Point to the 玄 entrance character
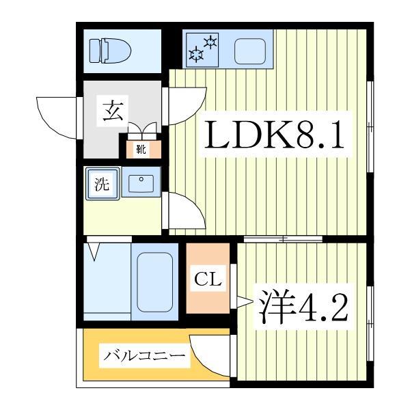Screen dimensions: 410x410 pyautogui.click(x=113, y=110)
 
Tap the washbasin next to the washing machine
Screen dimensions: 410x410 pyautogui.click(x=141, y=183)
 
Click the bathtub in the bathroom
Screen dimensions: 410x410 pyautogui.click(x=155, y=282)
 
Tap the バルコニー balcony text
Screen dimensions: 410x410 pyautogui.click(x=144, y=357)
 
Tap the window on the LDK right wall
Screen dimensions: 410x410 pyautogui.click(x=370, y=126)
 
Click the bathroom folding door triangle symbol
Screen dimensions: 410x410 pyautogui.click(x=94, y=252)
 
